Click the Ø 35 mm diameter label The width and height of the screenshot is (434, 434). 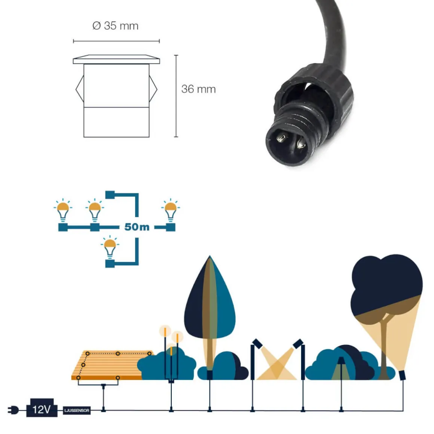pyautogui.click(x=115, y=26)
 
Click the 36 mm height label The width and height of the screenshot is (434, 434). pyautogui.click(x=198, y=89)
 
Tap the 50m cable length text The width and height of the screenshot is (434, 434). pyautogui.click(x=137, y=227)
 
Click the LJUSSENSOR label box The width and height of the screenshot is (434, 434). pyautogui.click(x=77, y=410)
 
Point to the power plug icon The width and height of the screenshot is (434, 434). pyautogui.click(x=13, y=410)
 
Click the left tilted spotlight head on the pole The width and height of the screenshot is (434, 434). pyautogui.click(x=257, y=343)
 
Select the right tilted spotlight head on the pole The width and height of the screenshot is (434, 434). pyautogui.click(x=298, y=343)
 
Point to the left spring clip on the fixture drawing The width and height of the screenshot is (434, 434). pyautogui.click(x=80, y=89)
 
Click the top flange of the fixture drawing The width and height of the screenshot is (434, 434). pyautogui.click(x=117, y=59)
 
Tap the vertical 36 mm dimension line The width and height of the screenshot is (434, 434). pyautogui.click(x=176, y=96)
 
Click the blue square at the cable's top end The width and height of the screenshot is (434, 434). pyautogui.click(x=110, y=195)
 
